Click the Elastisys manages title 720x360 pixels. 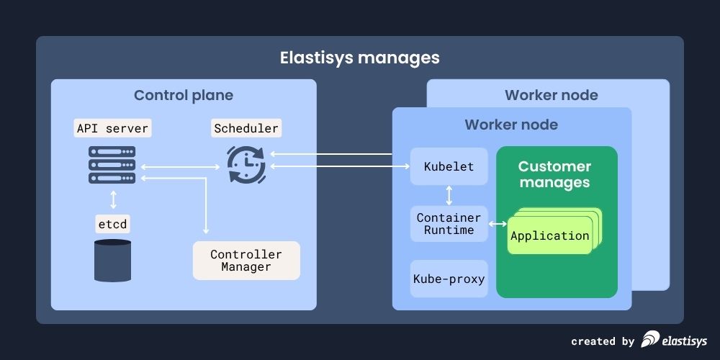359,57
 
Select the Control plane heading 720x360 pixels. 184,96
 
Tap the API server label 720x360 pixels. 112,129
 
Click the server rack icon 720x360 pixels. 112,165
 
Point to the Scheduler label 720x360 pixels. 246,129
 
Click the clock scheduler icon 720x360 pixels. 246,165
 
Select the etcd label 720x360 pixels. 112,224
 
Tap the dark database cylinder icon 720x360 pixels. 112,260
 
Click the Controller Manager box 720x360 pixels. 246,261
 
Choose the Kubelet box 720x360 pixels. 449,166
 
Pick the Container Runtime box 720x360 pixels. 449,224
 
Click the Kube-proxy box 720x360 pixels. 449,279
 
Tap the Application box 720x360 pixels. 549,236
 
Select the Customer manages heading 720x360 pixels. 554,175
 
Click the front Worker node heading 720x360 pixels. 511,125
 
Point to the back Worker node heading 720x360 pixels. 551,96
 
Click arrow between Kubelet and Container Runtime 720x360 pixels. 449,195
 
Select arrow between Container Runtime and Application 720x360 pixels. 498,225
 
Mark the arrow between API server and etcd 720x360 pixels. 113,198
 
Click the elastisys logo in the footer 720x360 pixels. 674,340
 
